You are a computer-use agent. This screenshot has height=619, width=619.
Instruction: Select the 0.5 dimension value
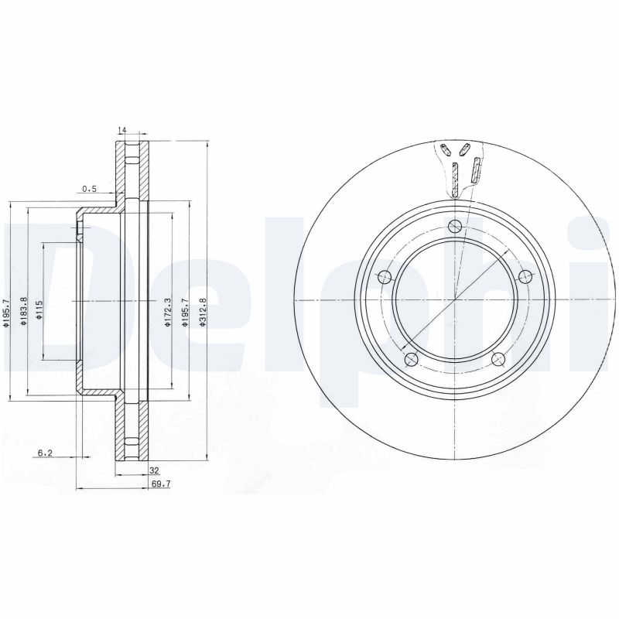[91, 189]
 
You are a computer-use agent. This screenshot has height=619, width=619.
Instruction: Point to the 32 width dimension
[154, 470]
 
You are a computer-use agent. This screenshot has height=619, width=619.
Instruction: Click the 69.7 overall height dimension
[159, 484]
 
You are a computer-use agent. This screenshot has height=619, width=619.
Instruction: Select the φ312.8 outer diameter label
[203, 312]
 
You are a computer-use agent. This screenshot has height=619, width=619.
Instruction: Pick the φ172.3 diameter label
[167, 312]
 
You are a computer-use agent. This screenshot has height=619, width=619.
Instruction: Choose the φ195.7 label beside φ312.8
[185, 312]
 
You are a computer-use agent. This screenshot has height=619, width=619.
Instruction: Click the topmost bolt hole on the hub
[455, 226]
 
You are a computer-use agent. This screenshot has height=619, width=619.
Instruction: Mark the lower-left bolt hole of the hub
[411, 358]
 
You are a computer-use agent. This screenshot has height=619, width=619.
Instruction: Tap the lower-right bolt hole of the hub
[498, 358]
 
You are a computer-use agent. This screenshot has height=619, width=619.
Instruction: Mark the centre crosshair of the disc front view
[455, 300]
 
